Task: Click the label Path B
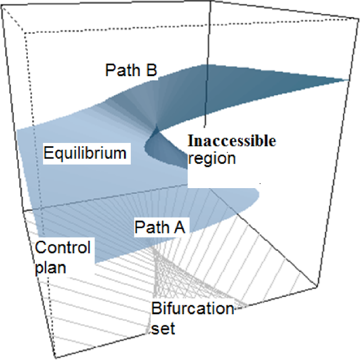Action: click(x=131, y=70)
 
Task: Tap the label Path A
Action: click(x=159, y=228)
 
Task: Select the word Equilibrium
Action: click(x=85, y=154)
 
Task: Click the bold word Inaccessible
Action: click(x=232, y=141)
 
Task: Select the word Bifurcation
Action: click(x=192, y=308)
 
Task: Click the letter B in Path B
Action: click(x=151, y=70)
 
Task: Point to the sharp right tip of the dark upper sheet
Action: click(x=347, y=80)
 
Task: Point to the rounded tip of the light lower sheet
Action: click(x=259, y=194)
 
